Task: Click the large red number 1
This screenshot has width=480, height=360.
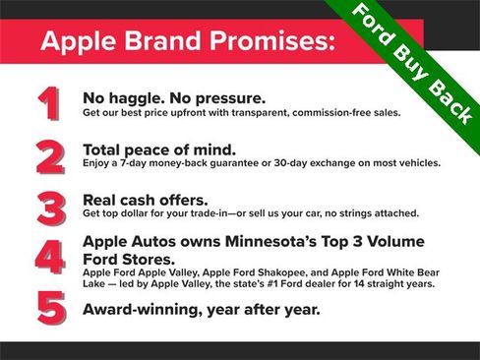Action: pyautogui.click(x=46, y=103)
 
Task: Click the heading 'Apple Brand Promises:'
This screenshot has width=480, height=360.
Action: pyautogui.click(x=188, y=42)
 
